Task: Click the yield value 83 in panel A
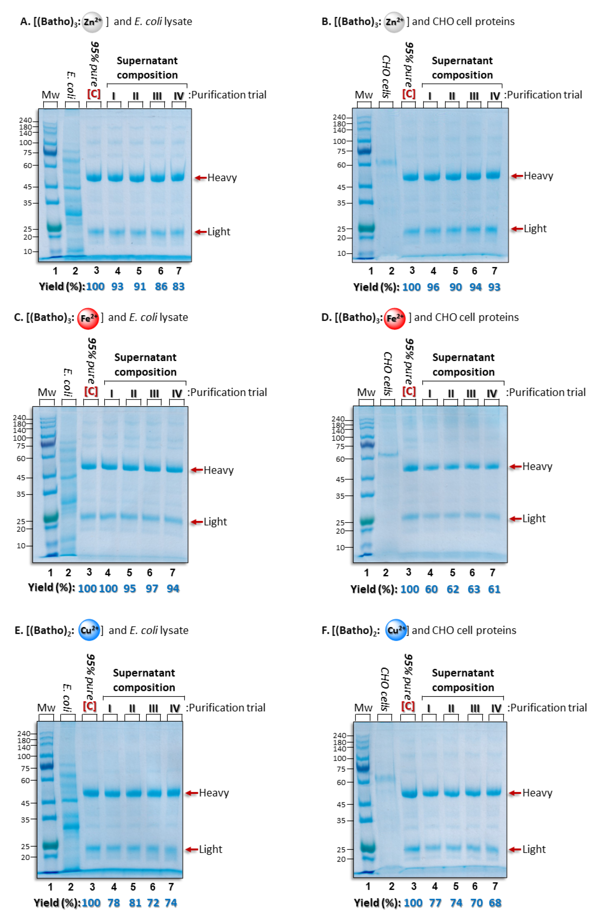tap(179, 286)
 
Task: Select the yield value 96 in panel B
tap(433, 287)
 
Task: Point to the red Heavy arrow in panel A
tap(201, 178)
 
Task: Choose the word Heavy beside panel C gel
tap(218, 470)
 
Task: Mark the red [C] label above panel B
tap(409, 94)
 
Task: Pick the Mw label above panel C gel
tap(47, 392)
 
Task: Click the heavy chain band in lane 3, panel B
tap(410, 177)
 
